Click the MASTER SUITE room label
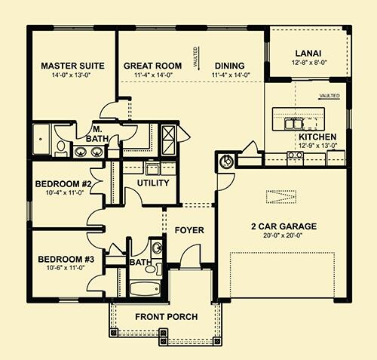coord(72,65)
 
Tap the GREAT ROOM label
coord(152,66)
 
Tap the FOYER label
coord(189,229)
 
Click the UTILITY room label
coord(152,183)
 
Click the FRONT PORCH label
coord(165,317)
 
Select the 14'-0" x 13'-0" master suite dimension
coord(72,75)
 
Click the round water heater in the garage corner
coord(224,161)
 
